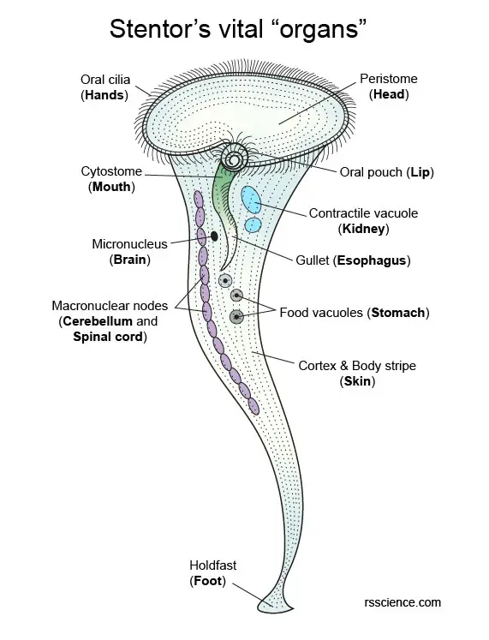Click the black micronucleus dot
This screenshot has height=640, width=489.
point(214,236)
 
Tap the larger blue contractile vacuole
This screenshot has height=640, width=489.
point(251,200)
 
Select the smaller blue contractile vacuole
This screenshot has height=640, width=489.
point(253,224)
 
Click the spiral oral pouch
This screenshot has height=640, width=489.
point(235,158)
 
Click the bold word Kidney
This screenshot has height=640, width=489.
point(363,229)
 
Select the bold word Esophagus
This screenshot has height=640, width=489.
point(372,260)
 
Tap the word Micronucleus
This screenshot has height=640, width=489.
point(129,244)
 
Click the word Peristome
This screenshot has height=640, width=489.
point(389,79)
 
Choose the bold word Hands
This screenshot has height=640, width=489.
point(104,95)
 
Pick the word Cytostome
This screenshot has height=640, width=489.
point(111,171)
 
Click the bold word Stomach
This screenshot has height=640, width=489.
point(398,313)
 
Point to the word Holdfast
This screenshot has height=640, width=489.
point(213,565)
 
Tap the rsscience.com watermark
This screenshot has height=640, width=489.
point(403,602)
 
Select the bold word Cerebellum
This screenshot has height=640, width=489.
point(98,321)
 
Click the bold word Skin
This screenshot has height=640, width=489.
point(357,381)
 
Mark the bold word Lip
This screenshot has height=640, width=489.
point(420,172)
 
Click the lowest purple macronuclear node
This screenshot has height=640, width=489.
point(253,406)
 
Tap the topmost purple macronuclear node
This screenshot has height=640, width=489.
point(199,199)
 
